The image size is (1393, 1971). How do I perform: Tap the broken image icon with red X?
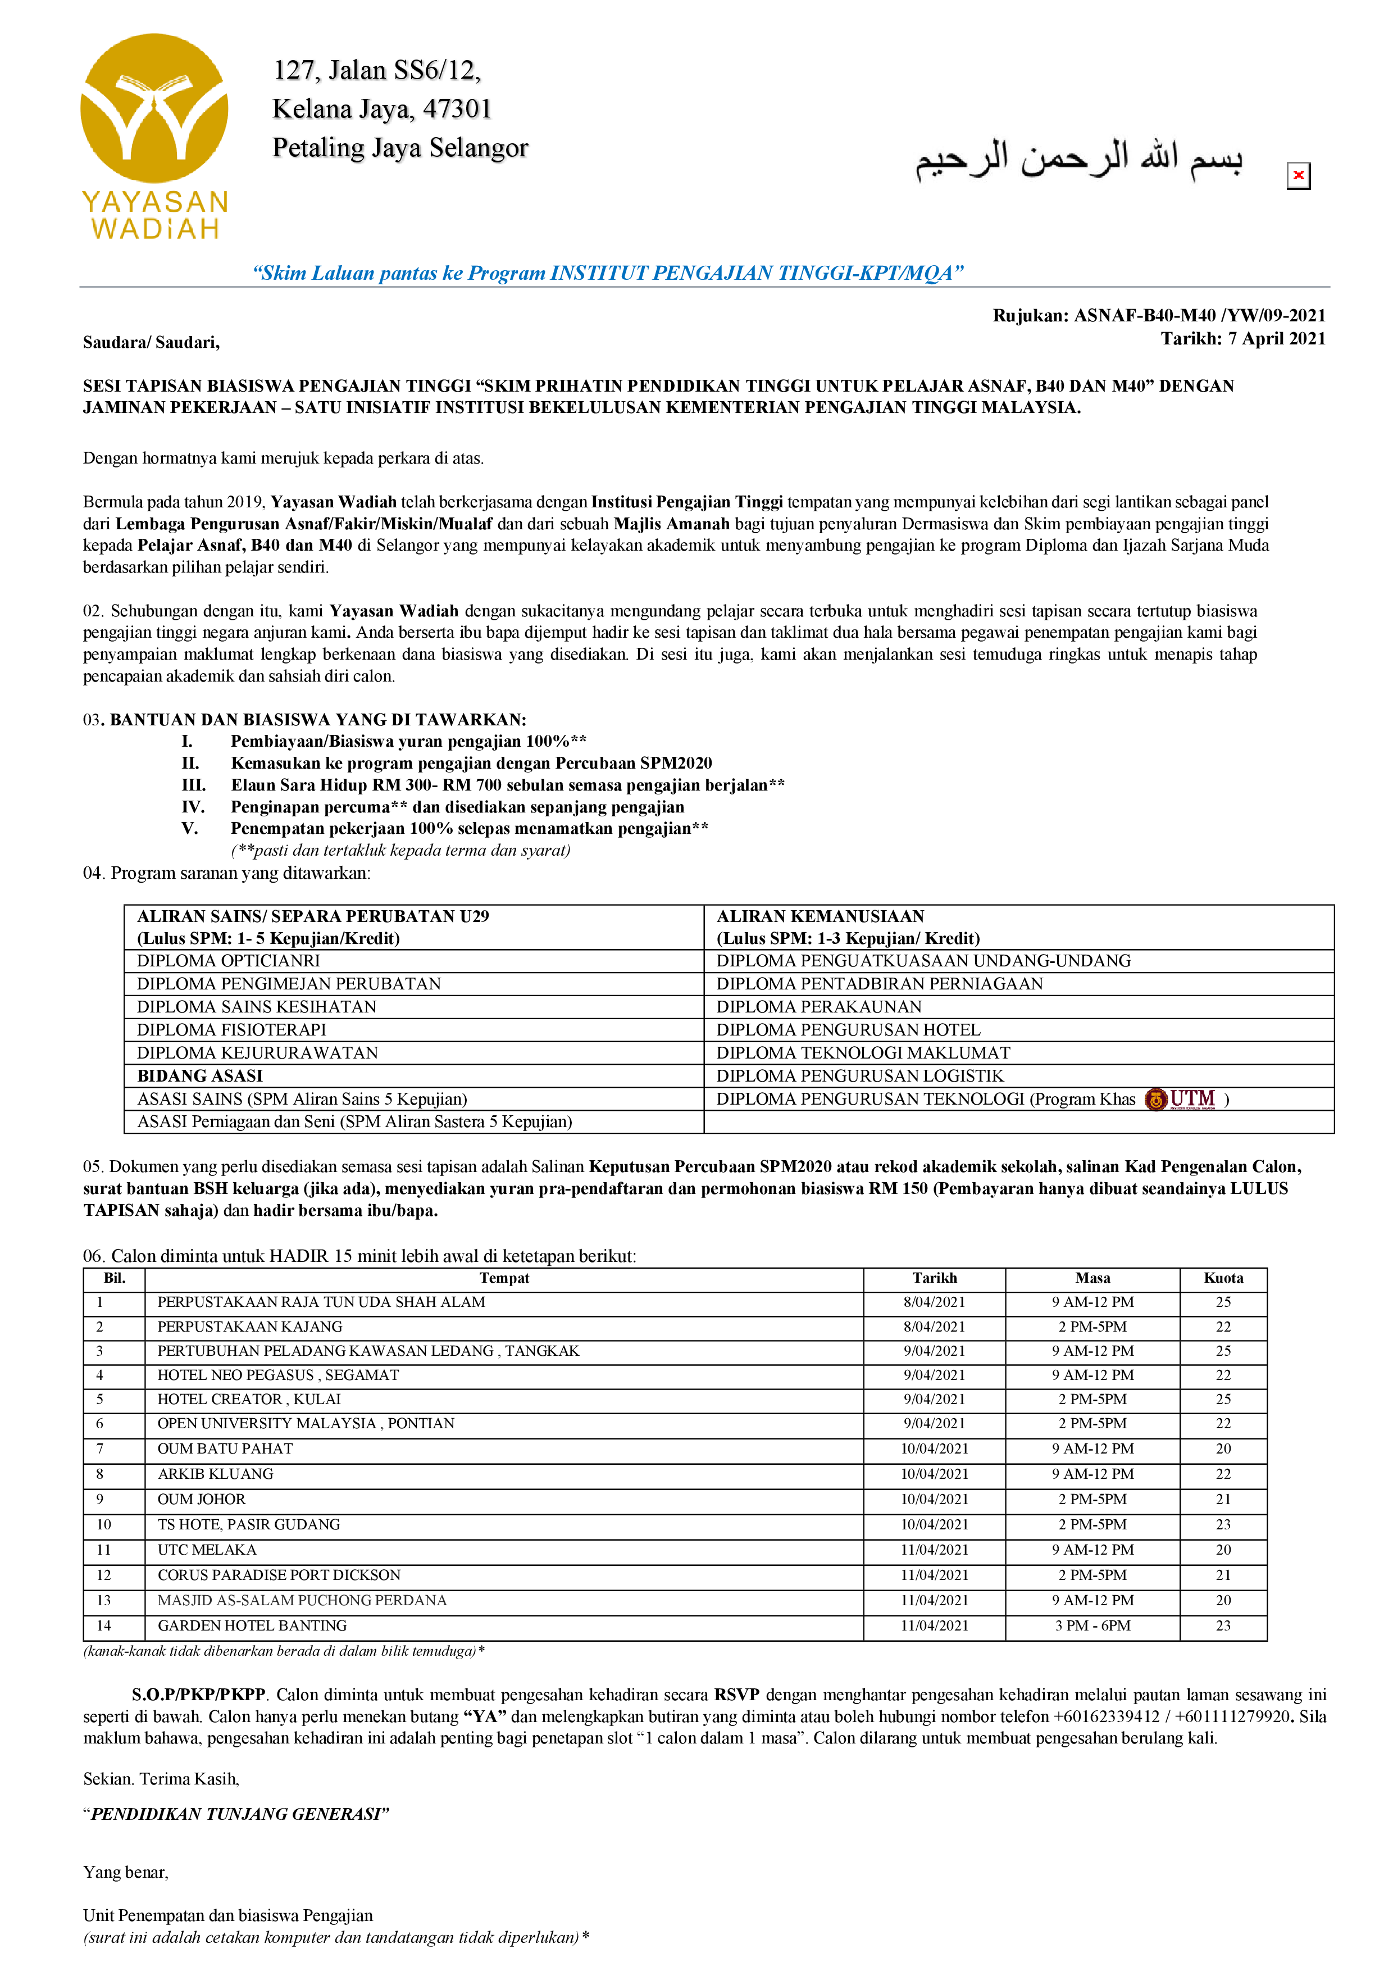click(x=1298, y=176)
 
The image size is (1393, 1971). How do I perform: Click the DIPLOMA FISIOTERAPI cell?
click(x=232, y=1030)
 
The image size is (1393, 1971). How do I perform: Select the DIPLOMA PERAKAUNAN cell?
click(x=819, y=1007)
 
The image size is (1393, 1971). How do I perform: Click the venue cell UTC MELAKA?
click(x=207, y=1550)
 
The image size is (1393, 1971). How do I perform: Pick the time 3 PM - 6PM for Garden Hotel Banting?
click(x=1092, y=1625)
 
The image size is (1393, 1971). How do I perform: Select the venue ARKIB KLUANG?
click(x=216, y=1474)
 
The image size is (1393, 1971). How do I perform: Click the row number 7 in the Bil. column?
click(x=101, y=1449)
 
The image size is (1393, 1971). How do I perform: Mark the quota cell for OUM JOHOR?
click(x=1223, y=1499)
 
